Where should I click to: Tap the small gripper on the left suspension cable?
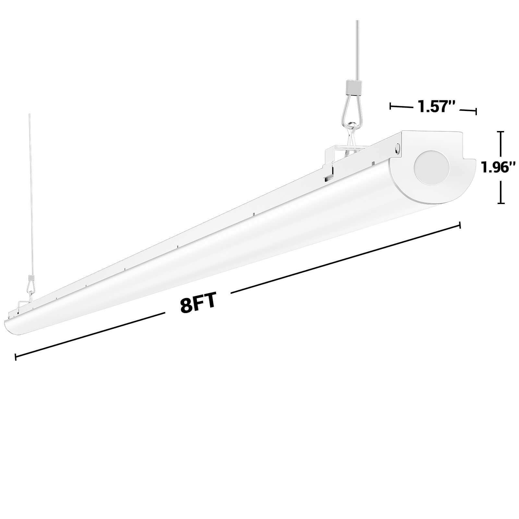tap(31, 278)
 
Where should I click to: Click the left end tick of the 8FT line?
tap(16, 357)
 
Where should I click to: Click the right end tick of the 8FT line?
tap(460, 225)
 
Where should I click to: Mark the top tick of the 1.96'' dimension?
tap(501, 132)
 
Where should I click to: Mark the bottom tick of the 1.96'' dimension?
tap(501, 203)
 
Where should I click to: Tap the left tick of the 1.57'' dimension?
tap(390, 106)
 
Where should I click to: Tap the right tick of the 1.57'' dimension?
tap(476, 112)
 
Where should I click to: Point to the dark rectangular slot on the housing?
tap(328, 178)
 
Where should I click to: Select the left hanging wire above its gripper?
tap(30, 195)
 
